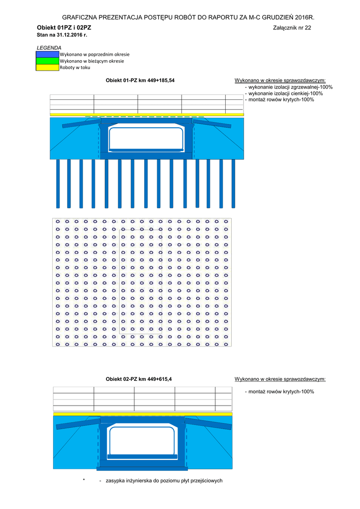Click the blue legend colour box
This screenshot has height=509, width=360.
[48, 54]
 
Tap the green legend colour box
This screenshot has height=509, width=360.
[48, 61]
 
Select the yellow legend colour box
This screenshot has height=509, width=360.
[48, 68]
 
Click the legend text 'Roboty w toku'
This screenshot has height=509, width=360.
[75, 68]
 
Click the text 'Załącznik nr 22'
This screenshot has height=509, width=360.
[292, 28]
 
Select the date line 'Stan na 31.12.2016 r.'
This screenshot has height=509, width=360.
[62, 35]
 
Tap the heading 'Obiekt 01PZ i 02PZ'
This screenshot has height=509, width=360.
[64, 27]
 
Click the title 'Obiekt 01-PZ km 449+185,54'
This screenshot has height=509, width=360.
[140, 80]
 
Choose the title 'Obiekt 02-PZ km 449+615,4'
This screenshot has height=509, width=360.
[139, 379]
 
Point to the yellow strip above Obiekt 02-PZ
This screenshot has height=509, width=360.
[143, 414]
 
